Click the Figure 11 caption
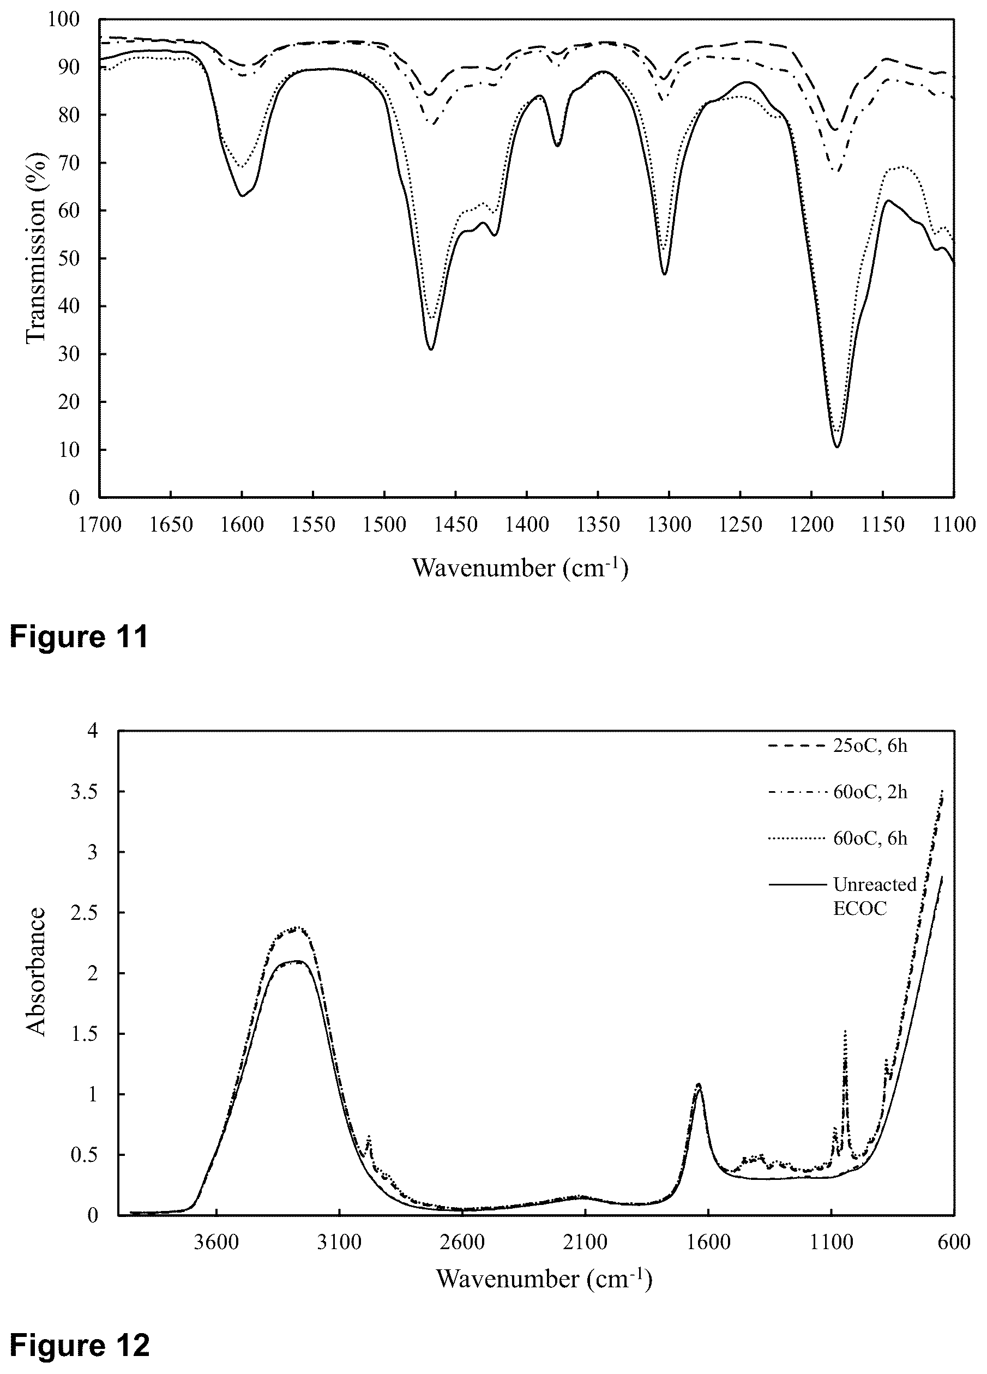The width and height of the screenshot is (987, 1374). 79,637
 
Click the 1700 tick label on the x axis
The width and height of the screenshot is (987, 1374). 99,525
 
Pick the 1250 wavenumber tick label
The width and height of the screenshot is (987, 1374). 741,525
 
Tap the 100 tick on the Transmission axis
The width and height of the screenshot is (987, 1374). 63,20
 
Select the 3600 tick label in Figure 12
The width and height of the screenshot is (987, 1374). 216,1243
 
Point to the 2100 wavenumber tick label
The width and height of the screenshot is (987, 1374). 585,1243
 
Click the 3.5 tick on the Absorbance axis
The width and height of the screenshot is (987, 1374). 83,792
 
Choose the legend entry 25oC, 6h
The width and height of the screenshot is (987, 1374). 838,746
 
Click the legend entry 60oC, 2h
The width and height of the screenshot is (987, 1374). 838,792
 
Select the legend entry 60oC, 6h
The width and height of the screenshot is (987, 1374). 838,839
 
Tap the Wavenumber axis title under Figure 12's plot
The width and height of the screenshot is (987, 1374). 544,1280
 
